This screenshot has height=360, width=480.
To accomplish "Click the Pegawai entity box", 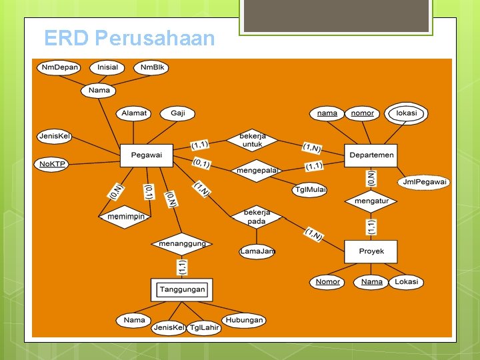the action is coord(146,155).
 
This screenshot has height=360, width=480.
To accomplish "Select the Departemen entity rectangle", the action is coord(371,155).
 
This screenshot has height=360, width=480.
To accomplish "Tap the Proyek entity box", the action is coord(371,251).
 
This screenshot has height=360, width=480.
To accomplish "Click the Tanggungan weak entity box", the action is coord(181,290).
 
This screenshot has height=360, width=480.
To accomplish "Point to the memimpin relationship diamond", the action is coord(125,217).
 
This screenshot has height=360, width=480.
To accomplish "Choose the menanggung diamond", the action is coord(182,244).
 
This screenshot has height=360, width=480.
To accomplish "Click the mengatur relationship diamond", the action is coord(371,201).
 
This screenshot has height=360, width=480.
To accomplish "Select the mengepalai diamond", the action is coord(257,170).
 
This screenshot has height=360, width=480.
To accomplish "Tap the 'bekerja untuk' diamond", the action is coord(252,140).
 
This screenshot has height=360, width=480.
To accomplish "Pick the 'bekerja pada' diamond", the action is coord(256,217).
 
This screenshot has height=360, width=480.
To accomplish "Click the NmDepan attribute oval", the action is coord(59,67).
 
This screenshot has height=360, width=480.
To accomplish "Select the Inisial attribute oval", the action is coord(107,67).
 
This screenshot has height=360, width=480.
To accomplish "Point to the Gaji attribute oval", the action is coord(177,113).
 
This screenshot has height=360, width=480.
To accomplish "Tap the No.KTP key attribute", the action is coord(52,163).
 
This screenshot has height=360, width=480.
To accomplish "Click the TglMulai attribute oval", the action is coord(310,190).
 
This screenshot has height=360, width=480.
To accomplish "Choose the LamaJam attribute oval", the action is coord(257,251).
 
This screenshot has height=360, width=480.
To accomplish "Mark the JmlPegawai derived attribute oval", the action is coord(425,181).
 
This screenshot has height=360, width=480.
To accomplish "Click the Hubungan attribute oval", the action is coord(243,320).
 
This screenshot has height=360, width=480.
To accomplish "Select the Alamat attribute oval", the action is coord(134,113).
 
